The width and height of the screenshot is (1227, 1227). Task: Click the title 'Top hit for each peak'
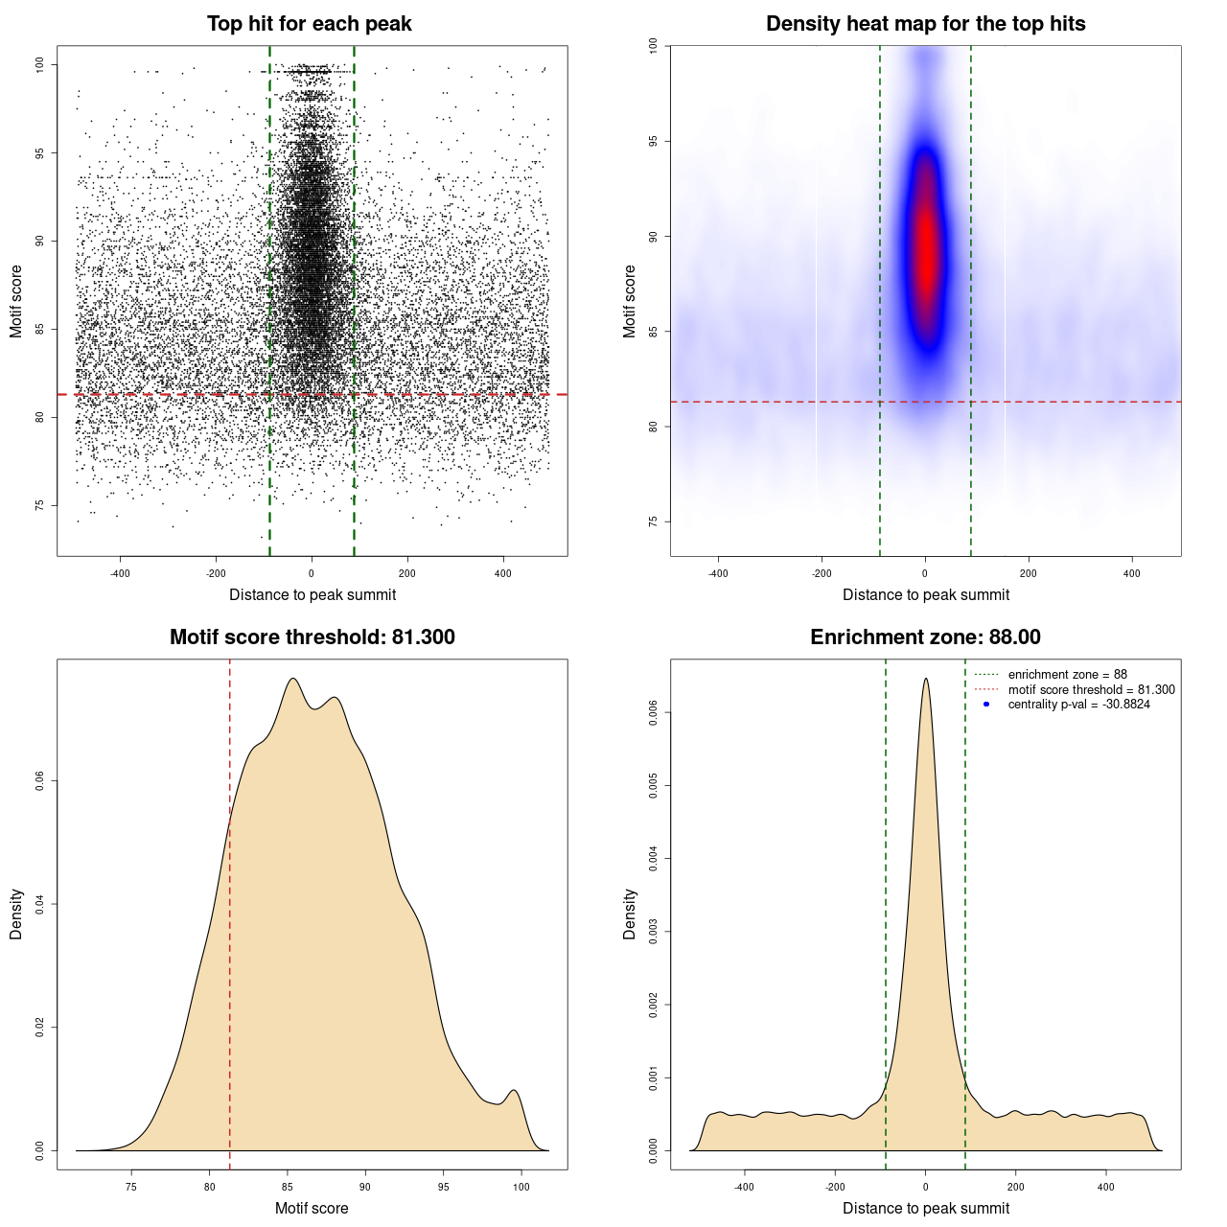click(x=309, y=24)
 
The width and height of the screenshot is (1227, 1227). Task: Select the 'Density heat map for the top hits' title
click(x=925, y=24)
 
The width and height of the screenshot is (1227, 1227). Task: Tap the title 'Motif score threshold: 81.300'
click(x=312, y=637)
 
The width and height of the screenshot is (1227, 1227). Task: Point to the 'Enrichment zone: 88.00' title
click(x=925, y=637)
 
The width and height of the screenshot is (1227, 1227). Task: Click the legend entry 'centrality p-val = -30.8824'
click(x=1078, y=705)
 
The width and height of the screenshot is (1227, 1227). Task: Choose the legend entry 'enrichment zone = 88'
click(x=1067, y=675)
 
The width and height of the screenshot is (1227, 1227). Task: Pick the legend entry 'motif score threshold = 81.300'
click(x=1091, y=690)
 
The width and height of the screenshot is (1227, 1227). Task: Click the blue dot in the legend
click(x=986, y=705)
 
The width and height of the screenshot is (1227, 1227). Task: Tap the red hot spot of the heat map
click(x=925, y=254)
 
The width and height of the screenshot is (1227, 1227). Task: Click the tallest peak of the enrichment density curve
click(x=925, y=680)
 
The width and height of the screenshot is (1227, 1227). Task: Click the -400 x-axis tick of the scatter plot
click(x=120, y=573)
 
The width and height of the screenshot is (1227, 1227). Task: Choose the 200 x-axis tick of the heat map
click(x=1028, y=573)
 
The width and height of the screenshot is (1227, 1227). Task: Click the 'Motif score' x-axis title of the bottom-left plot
click(x=312, y=1208)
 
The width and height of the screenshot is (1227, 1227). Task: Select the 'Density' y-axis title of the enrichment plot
click(x=630, y=914)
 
